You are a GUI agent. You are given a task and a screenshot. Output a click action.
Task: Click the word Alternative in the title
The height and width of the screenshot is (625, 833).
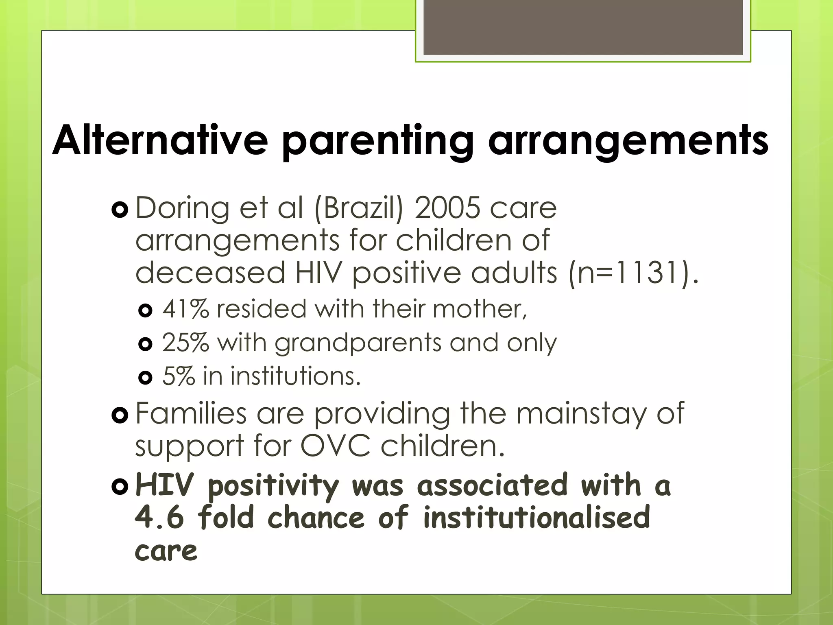point(160,140)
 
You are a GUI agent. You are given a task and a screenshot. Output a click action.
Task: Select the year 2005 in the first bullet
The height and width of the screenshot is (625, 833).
point(447,208)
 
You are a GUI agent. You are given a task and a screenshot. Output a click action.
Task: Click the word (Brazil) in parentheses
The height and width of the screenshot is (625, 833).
point(359,209)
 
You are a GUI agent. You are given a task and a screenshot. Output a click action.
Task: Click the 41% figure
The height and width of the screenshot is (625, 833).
point(185,309)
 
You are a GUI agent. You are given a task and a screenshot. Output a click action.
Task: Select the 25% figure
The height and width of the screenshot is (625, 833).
point(185,343)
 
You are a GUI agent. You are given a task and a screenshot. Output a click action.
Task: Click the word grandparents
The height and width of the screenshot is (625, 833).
point(358,343)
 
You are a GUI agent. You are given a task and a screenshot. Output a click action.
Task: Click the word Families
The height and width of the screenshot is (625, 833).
point(191,413)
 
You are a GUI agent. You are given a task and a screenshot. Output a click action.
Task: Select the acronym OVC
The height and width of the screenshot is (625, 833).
point(335,446)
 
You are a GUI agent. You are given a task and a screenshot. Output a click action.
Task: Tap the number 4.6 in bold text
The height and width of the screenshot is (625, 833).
point(159,518)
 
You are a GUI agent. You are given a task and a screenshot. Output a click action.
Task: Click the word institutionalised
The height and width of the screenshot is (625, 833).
point(536,518)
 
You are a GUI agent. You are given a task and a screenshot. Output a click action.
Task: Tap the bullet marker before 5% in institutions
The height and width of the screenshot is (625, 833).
point(145,378)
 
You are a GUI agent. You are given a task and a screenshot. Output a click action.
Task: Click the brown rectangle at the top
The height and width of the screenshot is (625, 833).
point(583,27)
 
